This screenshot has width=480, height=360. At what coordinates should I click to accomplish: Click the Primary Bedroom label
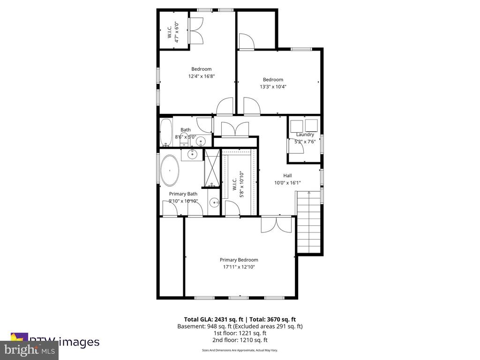coord(239,260)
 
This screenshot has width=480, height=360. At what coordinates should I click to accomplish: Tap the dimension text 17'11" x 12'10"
coord(239,267)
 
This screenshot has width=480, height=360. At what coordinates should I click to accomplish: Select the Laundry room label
coord(305,135)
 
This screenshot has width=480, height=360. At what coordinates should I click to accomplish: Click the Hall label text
coord(287,175)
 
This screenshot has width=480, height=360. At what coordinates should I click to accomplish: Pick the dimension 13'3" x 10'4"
coord(273,87)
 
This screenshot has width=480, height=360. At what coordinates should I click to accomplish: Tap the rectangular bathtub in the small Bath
coord(166,133)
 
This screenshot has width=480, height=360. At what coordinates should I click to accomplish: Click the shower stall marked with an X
coord(212,167)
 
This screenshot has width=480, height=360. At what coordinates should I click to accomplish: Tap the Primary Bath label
coord(183,194)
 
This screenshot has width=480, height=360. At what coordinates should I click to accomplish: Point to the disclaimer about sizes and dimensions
coord(240,350)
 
